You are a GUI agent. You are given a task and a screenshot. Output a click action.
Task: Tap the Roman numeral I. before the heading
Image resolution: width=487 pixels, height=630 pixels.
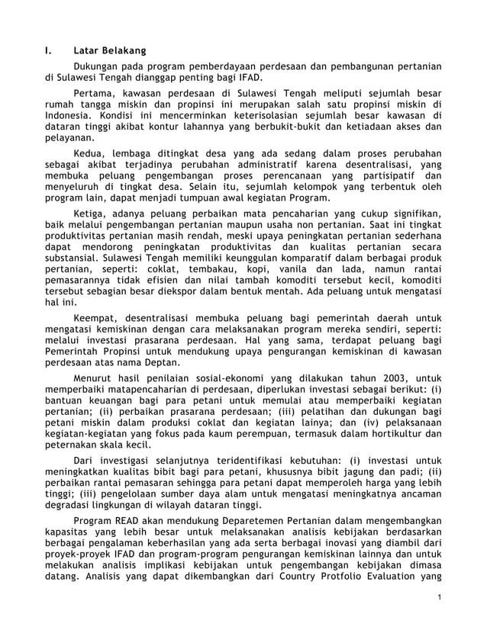point(47,51)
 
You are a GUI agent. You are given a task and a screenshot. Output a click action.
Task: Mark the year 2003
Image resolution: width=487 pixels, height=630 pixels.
point(388,376)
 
